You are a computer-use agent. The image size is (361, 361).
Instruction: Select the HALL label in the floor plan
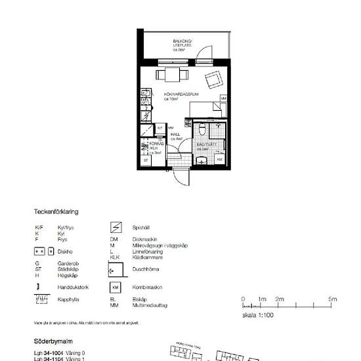(176, 136)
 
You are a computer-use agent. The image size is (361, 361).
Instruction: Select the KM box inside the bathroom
(219, 159)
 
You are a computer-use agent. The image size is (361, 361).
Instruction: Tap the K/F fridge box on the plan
(159, 128)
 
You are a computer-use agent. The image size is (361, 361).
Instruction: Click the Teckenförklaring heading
(56, 212)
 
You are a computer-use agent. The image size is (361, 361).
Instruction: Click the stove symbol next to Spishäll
(116, 227)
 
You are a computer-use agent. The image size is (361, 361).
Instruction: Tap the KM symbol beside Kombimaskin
(116, 288)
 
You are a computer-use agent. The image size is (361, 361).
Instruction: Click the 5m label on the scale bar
(333, 299)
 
